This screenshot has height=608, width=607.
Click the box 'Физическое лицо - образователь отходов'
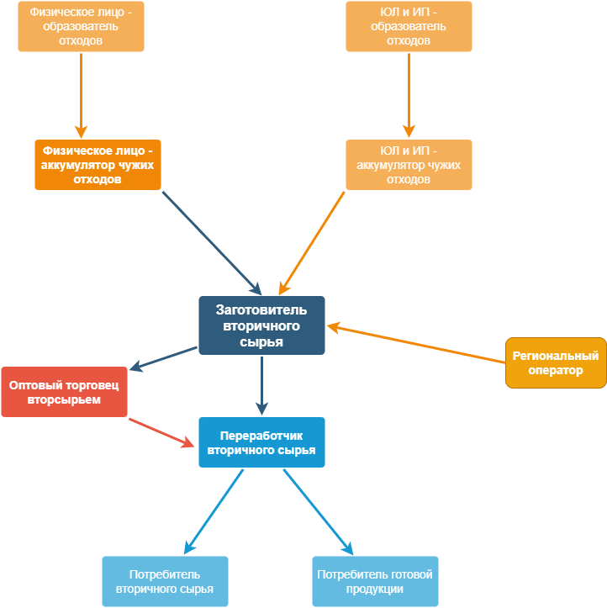tap(81, 26)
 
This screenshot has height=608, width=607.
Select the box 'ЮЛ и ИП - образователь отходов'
tap(409, 26)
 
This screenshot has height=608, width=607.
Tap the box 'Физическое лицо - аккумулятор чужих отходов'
tap(98, 164)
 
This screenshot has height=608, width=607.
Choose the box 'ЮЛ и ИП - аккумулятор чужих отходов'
tap(409, 164)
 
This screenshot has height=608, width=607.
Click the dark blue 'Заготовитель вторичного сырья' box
tap(261, 325)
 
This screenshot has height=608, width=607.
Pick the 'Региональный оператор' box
tap(556, 362)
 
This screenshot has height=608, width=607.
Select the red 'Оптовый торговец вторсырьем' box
tap(64, 392)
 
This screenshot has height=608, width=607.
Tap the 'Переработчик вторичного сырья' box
tap(261, 442)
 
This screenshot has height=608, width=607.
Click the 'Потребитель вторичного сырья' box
tap(165, 581)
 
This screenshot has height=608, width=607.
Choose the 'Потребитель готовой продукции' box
tap(375, 581)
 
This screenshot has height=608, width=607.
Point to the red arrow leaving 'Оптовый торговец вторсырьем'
tap(160, 431)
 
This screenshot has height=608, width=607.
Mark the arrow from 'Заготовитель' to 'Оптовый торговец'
tap(165, 358)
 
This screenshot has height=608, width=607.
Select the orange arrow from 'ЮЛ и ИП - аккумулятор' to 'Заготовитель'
tap(313, 239)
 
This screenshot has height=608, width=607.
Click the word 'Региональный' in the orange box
tap(556, 356)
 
